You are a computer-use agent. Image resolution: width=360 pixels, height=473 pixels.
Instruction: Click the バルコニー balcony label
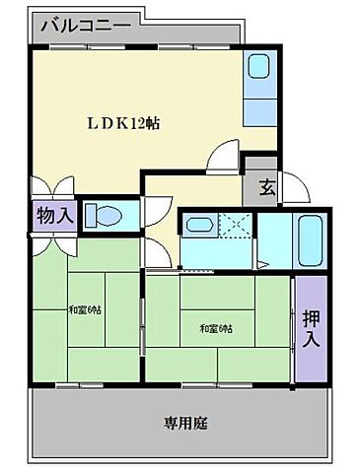(x=85, y=24)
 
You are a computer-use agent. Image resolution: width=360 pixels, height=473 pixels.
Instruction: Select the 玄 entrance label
(x=266, y=185)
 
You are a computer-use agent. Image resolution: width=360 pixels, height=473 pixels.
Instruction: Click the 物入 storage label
(x=55, y=216)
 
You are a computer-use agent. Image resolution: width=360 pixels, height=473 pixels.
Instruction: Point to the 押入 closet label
(x=310, y=328)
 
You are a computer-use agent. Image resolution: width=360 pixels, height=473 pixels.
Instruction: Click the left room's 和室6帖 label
(x=86, y=310)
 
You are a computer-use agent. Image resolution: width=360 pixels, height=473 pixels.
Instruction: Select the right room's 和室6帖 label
(x=216, y=327)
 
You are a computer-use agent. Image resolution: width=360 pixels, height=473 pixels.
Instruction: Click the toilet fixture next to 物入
(x=103, y=215)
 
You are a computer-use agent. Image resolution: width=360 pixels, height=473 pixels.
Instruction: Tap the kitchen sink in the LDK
(x=259, y=67)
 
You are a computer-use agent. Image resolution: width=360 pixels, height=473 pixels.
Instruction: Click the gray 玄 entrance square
(x=264, y=185)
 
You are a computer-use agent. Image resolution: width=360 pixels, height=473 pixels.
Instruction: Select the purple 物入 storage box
(x=53, y=216)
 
